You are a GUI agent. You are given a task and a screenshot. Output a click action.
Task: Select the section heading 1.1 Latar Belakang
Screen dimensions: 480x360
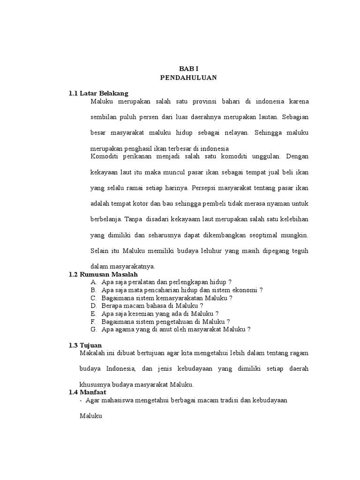tap(98, 94)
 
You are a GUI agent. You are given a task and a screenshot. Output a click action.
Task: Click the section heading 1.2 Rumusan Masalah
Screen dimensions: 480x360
tap(104, 274)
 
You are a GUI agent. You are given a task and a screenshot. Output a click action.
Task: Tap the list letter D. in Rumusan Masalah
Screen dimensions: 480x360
tap(94, 305)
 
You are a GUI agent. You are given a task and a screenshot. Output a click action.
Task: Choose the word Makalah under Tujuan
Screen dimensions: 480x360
tap(93, 352)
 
